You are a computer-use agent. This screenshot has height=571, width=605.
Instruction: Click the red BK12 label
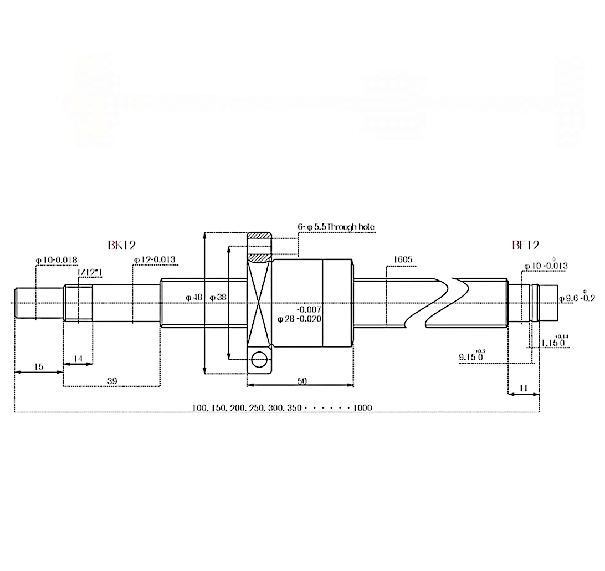(x=121, y=244)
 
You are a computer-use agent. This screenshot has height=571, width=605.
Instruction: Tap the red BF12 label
(x=525, y=244)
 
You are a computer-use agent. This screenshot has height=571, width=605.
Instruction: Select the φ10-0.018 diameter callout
(x=56, y=259)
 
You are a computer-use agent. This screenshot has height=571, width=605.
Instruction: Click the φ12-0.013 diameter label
(x=155, y=259)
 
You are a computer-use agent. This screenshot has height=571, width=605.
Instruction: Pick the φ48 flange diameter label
(x=194, y=298)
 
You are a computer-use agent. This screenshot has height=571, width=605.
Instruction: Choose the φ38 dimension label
(x=218, y=298)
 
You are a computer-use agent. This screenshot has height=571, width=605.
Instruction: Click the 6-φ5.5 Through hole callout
(x=336, y=227)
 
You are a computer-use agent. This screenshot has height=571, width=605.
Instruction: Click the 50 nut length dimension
(x=302, y=381)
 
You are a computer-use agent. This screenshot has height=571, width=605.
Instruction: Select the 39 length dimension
(x=112, y=381)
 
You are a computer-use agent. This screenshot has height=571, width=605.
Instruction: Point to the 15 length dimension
(x=38, y=366)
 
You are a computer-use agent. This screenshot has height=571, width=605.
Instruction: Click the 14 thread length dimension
(x=78, y=359)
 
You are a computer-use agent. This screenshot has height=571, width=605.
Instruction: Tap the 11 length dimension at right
(x=524, y=389)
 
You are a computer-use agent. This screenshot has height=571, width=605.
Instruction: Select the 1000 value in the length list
(x=362, y=408)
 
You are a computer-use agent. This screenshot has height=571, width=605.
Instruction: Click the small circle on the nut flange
(x=259, y=360)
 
